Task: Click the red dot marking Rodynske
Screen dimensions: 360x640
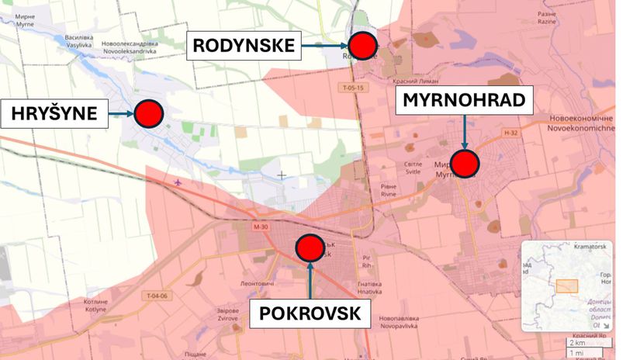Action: coord(362,46)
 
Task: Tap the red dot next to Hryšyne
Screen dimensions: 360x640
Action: coord(148,114)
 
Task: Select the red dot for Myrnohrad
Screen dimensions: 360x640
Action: coord(465,163)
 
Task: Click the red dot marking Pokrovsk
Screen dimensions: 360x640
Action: coord(310,248)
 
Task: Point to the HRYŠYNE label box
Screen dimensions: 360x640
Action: coord(54,114)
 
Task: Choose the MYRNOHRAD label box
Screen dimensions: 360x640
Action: coord(464,99)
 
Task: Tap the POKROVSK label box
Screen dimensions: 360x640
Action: coord(310,313)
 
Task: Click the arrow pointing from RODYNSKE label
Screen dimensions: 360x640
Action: coord(324,46)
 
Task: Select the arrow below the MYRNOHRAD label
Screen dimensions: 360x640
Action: coord(464,133)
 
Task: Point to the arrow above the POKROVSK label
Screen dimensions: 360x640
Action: coord(310,280)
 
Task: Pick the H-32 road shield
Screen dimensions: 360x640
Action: coord(510,133)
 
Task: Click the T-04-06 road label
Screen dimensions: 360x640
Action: coord(156,296)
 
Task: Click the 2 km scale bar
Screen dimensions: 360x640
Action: coord(580,342)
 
